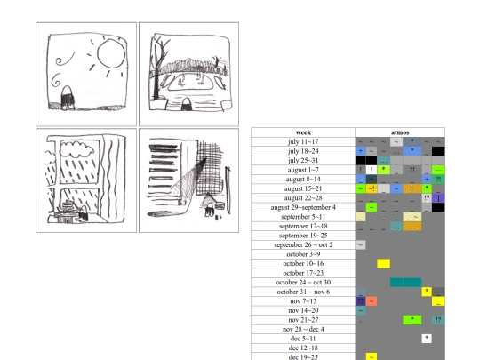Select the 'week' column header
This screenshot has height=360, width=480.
303,132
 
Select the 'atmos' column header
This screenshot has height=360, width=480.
400,132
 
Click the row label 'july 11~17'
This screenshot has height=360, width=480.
303,141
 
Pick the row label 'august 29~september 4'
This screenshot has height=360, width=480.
303,207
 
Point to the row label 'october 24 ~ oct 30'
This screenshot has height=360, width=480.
303,283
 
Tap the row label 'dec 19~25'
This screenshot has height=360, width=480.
303,356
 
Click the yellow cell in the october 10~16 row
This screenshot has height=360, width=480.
383,264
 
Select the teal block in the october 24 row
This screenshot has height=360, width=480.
405,283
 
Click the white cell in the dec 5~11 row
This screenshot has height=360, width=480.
427,338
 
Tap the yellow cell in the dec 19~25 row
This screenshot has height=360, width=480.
372,356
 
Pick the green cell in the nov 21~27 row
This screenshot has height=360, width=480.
411,319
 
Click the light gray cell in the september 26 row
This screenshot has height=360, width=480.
360,244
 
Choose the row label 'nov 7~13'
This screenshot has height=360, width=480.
303,300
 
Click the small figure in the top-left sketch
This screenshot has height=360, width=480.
65,91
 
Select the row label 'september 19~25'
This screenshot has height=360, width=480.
303,236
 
